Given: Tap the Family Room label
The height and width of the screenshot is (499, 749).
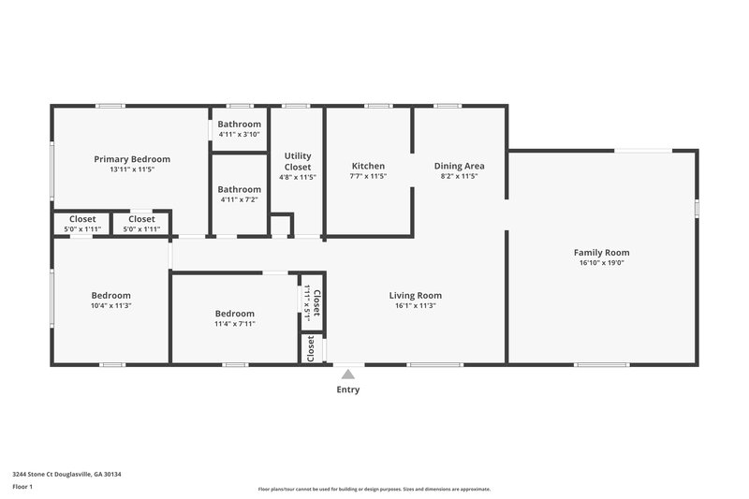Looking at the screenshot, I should point(601,252).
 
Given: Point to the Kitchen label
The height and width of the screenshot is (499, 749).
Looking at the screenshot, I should point(368,166).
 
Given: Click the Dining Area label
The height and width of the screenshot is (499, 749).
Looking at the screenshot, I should point(459,166).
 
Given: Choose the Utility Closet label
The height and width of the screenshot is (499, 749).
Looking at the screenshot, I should point(298,161).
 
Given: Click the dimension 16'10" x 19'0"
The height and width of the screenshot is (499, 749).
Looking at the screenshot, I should point(601,263).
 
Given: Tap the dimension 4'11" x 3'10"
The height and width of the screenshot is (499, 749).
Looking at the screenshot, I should point(240,134).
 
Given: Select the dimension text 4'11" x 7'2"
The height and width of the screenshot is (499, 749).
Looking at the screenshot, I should point(240,199).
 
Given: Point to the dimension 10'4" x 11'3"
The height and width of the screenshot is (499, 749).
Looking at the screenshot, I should point(110,306).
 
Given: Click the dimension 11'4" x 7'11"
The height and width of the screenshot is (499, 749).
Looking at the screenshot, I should point(234,324).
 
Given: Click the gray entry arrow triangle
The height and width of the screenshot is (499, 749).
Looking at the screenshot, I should point(348,374).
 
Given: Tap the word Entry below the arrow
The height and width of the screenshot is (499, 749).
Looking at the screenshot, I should point(348,389).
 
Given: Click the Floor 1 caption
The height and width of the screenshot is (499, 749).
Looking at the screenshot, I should point(22,487).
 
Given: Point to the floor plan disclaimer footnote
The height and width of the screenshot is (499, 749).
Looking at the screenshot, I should point(374,489).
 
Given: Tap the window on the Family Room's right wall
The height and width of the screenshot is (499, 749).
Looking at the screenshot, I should point(697,208).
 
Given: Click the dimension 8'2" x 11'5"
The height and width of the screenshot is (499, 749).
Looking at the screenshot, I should point(459,176).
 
